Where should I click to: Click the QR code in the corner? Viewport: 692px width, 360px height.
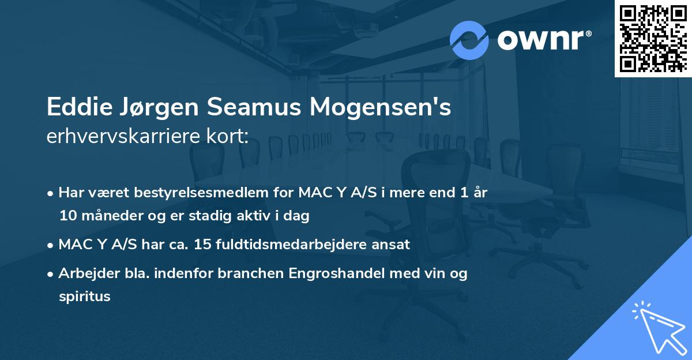[653, 38]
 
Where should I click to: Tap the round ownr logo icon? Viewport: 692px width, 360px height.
[469, 40]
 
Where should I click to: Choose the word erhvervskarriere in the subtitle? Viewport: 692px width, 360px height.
[126, 136]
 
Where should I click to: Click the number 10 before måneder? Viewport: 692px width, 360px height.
[67, 216]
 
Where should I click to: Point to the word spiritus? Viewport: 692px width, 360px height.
[84, 297]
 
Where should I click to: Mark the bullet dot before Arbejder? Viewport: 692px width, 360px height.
[52, 274]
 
